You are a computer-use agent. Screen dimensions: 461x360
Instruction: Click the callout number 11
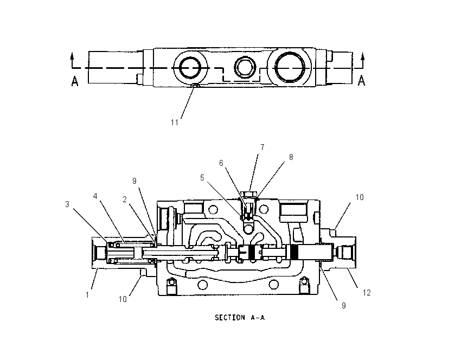175,122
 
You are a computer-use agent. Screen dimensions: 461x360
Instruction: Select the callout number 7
262,147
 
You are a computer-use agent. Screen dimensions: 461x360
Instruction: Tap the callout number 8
291,157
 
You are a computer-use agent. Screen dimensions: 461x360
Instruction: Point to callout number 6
221,163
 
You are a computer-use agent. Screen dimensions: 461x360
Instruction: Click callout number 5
202,177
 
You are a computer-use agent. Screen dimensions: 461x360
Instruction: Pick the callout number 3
67,204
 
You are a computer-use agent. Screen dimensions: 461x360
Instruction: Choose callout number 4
95,196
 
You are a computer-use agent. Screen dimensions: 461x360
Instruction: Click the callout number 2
125,200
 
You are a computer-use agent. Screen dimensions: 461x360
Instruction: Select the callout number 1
87,295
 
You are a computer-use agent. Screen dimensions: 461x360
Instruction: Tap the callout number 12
367,293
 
